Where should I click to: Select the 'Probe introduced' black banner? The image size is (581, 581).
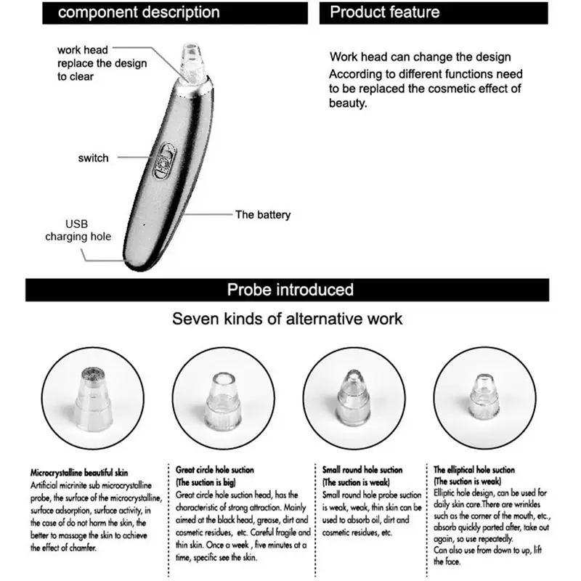[290, 290]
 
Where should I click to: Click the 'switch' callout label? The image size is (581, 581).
[93, 158]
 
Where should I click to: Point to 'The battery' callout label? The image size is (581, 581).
[262, 214]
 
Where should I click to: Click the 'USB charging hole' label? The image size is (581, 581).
[78, 230]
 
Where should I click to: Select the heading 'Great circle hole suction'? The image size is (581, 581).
[215, 470]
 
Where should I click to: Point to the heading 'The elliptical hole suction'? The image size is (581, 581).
[474, 470]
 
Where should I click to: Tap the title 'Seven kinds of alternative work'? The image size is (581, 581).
[287, 319]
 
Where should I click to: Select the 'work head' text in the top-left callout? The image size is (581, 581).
[83, 50]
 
